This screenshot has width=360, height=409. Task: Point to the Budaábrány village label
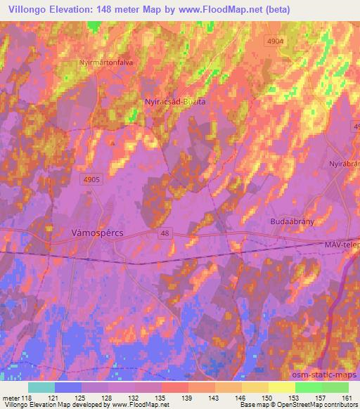291,221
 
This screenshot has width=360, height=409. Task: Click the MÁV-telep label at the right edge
342,244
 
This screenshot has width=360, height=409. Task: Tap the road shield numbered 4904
275,42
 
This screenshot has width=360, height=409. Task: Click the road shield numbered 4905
92,179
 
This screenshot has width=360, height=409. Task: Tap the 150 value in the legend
268,397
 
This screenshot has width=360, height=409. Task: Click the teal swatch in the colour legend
41,387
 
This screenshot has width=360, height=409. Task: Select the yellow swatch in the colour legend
281,387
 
